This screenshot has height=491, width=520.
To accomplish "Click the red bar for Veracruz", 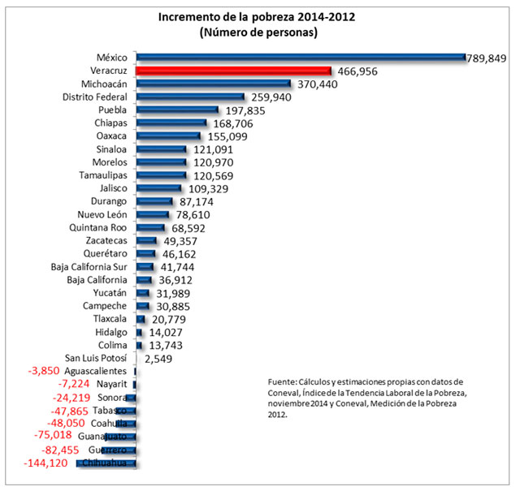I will coord(233,71).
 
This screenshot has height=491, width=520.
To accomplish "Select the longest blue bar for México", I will coord(301,57).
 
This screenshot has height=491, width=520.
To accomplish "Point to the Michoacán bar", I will coord(214,84).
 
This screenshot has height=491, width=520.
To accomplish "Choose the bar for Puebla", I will coord(177,110).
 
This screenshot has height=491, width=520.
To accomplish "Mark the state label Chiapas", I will coord(110,123).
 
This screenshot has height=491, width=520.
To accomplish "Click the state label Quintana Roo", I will coord(98,228).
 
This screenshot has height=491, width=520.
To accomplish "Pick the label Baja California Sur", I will coord(88,267).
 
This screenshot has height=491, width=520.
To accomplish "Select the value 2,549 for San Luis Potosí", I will coord(158,358).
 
